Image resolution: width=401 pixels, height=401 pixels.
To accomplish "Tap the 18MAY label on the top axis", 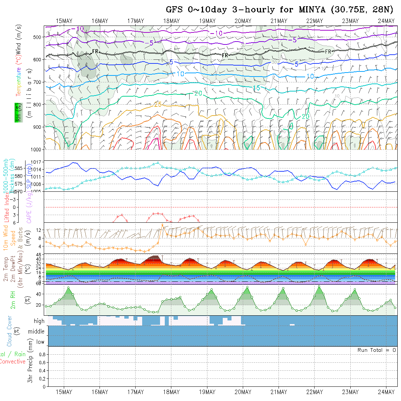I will (x=171, y=21).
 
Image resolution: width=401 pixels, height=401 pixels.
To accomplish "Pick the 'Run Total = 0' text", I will (x=377, y=350).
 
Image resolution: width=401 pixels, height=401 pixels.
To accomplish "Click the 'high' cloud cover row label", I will (x=39, y=321).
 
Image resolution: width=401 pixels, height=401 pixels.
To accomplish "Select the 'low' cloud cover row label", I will (x=40, y=342).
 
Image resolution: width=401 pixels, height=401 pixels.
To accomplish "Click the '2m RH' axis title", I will (x=13, y=300).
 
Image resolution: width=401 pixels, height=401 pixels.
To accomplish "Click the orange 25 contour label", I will (x=157, y=105).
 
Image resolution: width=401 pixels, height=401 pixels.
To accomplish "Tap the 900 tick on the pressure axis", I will (x=38, y=127).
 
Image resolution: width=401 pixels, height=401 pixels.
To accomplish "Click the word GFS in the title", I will (x=175, y=10).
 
